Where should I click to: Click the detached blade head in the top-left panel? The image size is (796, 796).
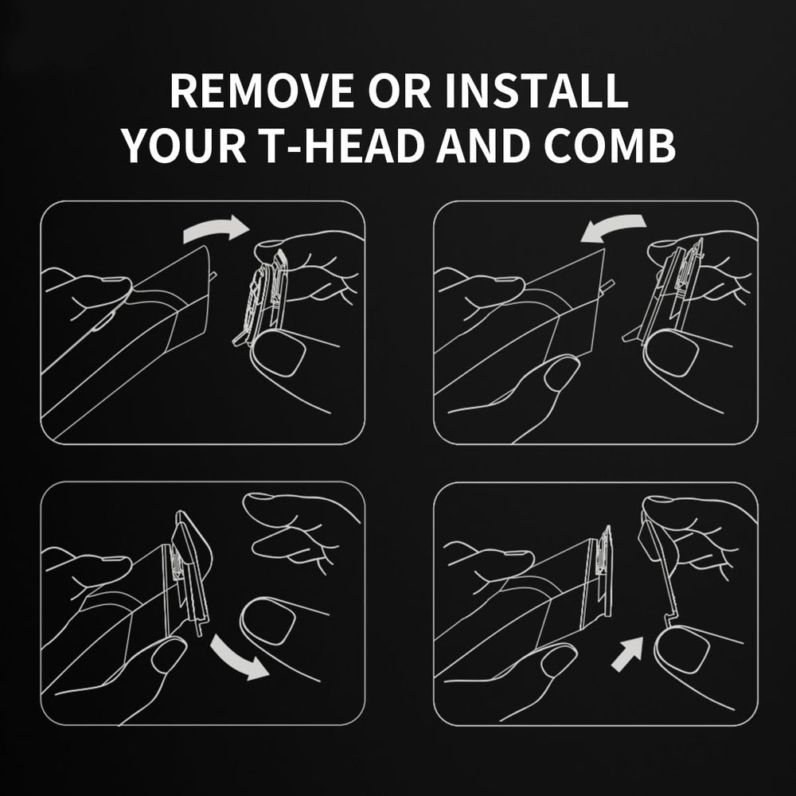265,295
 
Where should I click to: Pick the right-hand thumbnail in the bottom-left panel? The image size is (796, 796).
268,621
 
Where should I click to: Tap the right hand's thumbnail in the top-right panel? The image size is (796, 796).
671,353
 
